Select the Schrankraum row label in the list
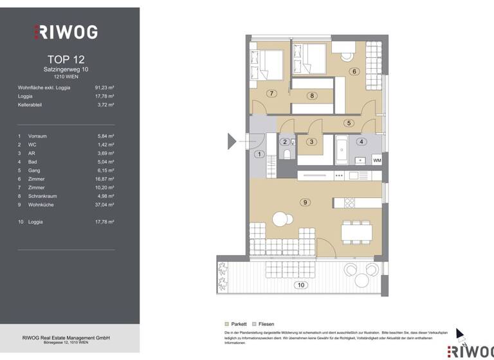[x=43, y=196]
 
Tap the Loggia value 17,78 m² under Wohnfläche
[x=104, y=96]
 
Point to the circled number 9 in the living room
[x=305, y=202]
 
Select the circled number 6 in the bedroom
[x=354, y=71]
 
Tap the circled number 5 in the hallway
[x=349, y=123]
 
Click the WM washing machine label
[x=376, y=159]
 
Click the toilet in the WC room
[x=287, y=154]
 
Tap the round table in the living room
[x=280, y=220]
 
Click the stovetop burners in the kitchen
[x=350, y=203]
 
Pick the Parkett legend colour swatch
[x=226, y=324]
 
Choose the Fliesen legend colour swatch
[x=255, y=324]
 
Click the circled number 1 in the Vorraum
[x=259, y=154]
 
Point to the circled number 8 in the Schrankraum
[x=312, y=96]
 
